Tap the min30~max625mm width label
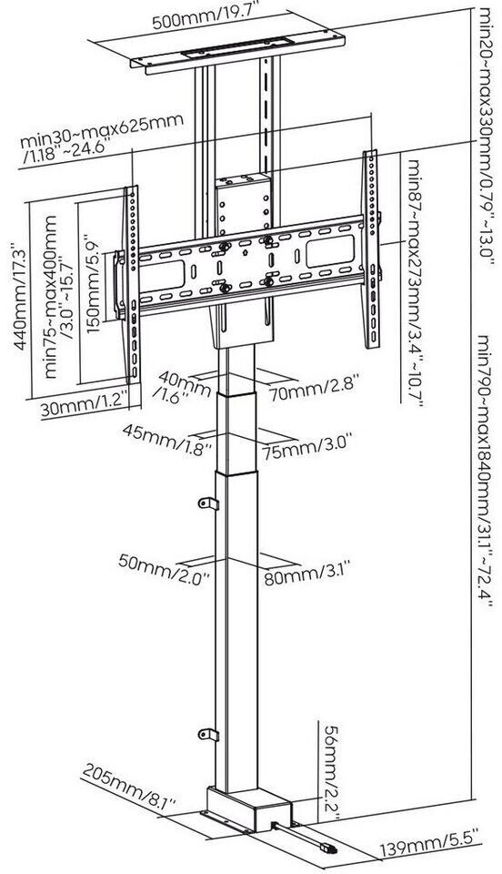(x=103, y=138)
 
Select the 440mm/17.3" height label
(x=21, y=295)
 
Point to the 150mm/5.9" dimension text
(x=93, y=284)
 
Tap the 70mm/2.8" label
(x=314, y=389)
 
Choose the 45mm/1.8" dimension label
(x=167, y=437)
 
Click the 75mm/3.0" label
(x=309, y=446)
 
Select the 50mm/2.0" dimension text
(x=164, y=568)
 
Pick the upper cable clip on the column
(x=208, y=503)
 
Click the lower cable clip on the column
(x=208, y=735)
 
